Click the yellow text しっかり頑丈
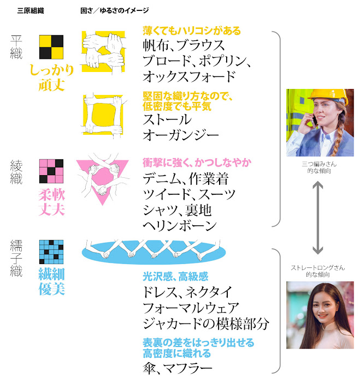[x=51, y=77]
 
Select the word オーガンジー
[x=180, y=134]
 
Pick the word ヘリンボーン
[x=180, y=225]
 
